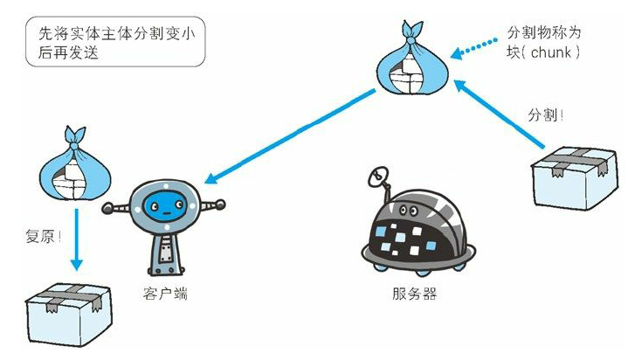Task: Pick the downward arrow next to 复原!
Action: (x=77, y=236)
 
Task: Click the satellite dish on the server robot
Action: (x=380, y=179)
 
